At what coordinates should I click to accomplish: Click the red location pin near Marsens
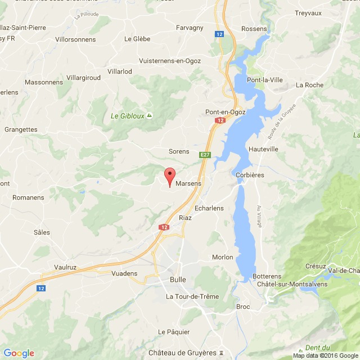pyautogui.click(x=169, y=177)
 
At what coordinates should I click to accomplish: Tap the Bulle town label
pyautogui.click(x=178, y=279)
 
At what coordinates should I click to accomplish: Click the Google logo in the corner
pyautogui.click(x=19, y=353)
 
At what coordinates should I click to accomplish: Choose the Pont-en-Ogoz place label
pyautogui.click(x=223, y=112)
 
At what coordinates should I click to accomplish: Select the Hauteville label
pyautogui.click(x=263, y=149)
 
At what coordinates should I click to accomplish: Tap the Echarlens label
pyautogui.click(x=209, y=208)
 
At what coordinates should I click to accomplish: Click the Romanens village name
pyautogui.click(x=28, y=197)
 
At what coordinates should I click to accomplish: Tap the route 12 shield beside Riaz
pyautogui.click(x=164, y=227)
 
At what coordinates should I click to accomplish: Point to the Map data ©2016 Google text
pyautogui.click(x=326, y=355)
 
